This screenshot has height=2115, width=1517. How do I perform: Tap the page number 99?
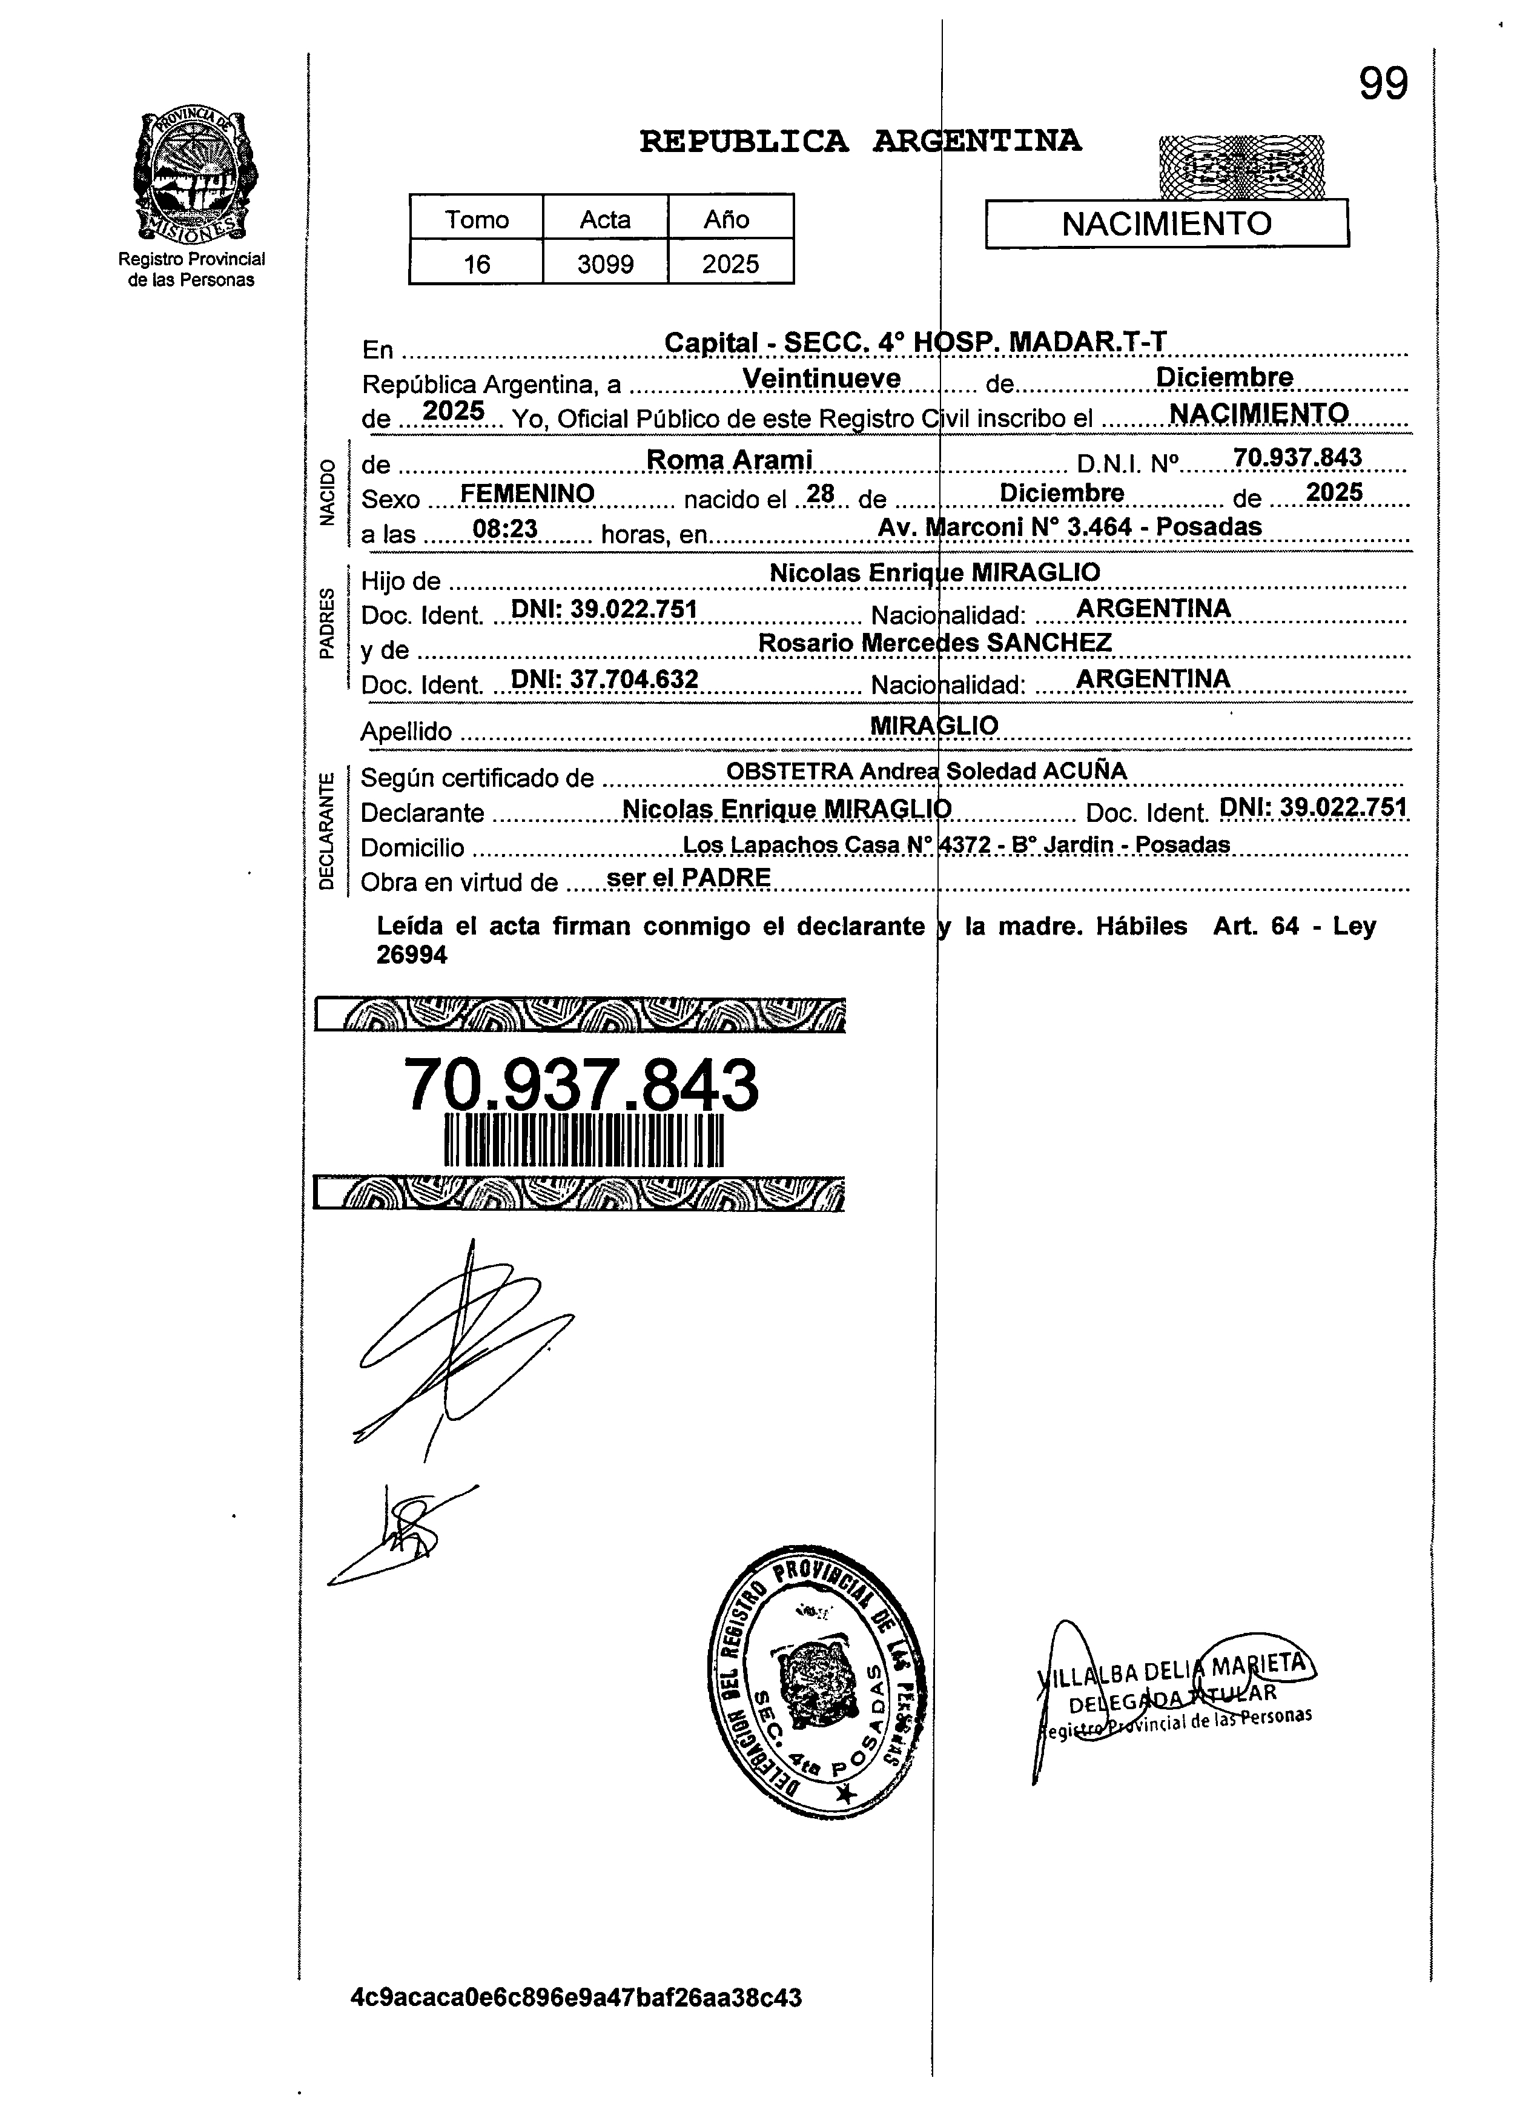(x=1382, y=85)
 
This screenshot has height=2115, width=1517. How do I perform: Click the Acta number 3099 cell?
(x=604, y=264)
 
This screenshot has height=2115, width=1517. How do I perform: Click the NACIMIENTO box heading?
(x=1166, y=224)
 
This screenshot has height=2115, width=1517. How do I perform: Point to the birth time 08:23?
(x=504, y=529)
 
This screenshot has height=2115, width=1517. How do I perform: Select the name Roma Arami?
(x=729, y=460)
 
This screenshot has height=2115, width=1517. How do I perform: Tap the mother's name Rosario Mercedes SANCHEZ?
(x=934, y=643)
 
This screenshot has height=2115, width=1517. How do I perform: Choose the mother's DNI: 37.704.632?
(x=604, y=679)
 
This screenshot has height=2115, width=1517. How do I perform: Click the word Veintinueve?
(x=821, y=379)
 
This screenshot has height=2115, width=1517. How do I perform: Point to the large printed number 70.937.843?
(x=580, y=1085)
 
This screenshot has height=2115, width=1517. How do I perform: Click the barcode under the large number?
(x=584, y=1139)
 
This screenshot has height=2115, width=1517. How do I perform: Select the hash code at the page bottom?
(x=575, y=1997)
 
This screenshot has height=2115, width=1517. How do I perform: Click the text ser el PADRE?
(x=688, y=878)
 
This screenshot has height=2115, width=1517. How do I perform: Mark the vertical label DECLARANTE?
(x=326, y=830)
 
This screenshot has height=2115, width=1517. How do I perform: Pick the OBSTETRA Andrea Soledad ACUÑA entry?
(x=926, y=771)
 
